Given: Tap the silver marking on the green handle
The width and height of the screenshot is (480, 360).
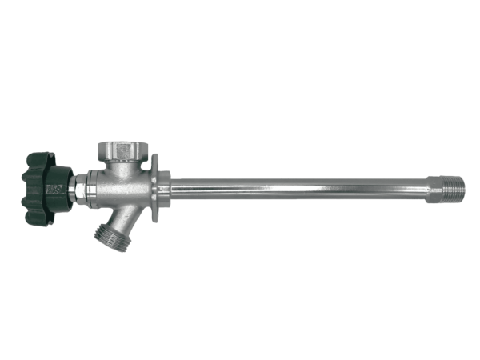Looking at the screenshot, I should pyautogui.click(x=55, y=190).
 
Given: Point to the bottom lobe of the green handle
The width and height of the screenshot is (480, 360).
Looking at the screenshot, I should pyautogui.click(x=40, y=220).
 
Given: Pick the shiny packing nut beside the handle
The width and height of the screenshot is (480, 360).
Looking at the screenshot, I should pyautogui.click(x=81, y=190).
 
